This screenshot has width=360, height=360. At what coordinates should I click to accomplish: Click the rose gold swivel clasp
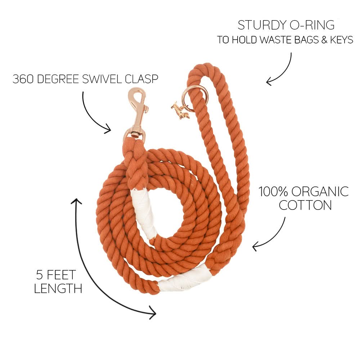tap(137, 115)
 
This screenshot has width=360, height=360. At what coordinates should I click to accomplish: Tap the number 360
tap(23, 79)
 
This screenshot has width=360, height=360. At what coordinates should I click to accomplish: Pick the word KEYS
tap(341, 40)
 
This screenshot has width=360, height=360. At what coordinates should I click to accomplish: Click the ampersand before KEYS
tap(324, 40)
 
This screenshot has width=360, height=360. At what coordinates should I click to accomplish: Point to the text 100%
tap(273, 192)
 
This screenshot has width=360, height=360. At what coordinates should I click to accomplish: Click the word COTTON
tap(305, 205)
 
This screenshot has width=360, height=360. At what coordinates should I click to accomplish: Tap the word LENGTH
tap(58, 289)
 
